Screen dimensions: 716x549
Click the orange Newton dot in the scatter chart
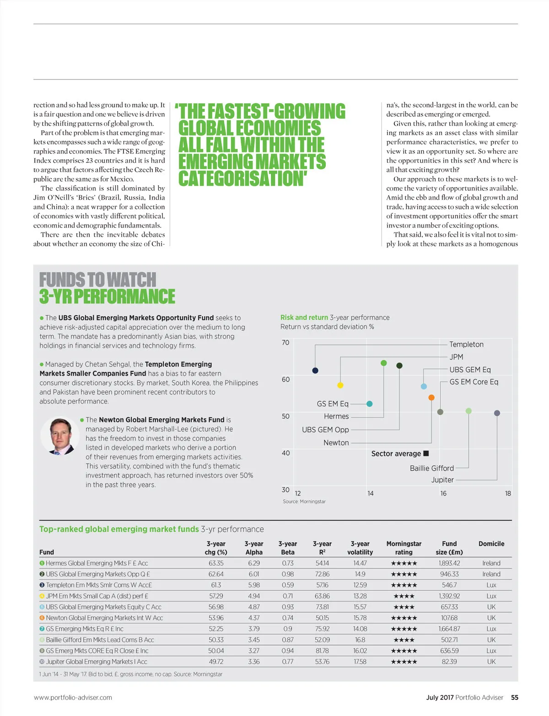(x=431, y=398)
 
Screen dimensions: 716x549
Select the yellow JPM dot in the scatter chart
(x=340, y=385)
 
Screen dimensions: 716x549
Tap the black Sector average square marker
(x=426, y=453)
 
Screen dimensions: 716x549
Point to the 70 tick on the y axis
(x=285, y=343)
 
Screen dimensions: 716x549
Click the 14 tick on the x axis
(x=370, y=493)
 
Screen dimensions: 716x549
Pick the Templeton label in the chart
(x=466, y=345)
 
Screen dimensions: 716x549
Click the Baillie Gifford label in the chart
(x=431, y=468)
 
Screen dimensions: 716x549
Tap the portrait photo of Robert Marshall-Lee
(x=60, y=436)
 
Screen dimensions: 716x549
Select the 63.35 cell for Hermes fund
(x=216, y=563)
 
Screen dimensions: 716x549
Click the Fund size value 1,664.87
(x=449, y=629)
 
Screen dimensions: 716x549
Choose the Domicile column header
(x=491, y=544)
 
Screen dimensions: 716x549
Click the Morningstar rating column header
(x=404, y=548)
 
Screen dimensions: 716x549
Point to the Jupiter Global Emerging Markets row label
(x=96, y=662)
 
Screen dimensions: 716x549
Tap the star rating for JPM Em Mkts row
(x=404, y=596)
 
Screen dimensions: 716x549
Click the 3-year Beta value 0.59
(x=288, y=585)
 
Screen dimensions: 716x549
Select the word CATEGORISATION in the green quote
(x=242, y=178)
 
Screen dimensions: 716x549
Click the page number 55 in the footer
(x=515, y=698)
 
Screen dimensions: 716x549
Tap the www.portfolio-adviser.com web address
(x=73, y=698)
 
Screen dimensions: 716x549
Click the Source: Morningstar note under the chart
(x=304, y=502)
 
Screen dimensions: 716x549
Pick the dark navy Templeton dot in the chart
(x=315, y=371)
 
